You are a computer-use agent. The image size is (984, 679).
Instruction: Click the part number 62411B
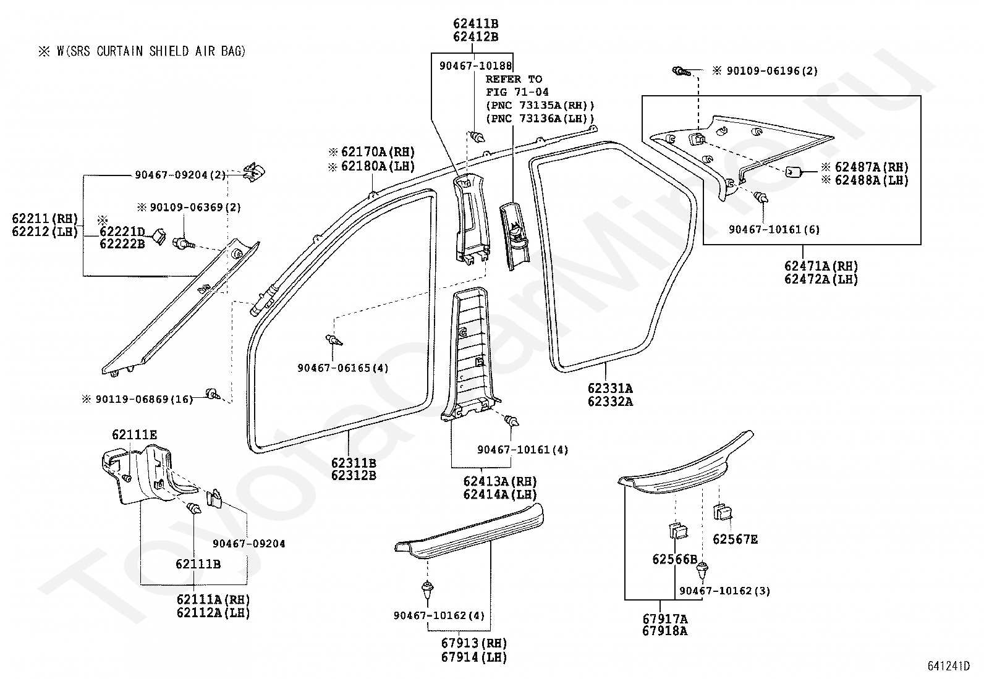(x=476, y=23)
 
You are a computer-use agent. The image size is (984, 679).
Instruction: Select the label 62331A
(x=610, y=388)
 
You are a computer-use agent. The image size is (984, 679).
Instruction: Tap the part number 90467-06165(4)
(x=343, y=368)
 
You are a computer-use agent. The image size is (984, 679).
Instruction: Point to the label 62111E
(x=134, y=435)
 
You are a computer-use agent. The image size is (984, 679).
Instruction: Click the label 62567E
(x=736, y=539)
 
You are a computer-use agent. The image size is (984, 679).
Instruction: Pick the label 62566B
(x=675, y=560)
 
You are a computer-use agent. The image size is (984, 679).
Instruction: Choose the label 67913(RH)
(x=475, y=643)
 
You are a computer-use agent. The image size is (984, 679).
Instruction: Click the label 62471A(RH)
(x=821, y=266)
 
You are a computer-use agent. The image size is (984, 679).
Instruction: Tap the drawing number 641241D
(x=948, y=666)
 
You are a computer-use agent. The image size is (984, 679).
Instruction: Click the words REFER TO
(x=514, y=80)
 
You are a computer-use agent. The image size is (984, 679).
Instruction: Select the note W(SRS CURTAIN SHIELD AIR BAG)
(x=151, y=51)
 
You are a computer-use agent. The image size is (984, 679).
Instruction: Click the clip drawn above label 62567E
(x=723, y=512)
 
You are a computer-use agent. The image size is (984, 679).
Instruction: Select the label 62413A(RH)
(x=501, y=482)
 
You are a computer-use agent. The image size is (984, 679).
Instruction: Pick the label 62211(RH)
(x=45, y=219)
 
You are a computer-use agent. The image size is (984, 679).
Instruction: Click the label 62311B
(x=354, y=463)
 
